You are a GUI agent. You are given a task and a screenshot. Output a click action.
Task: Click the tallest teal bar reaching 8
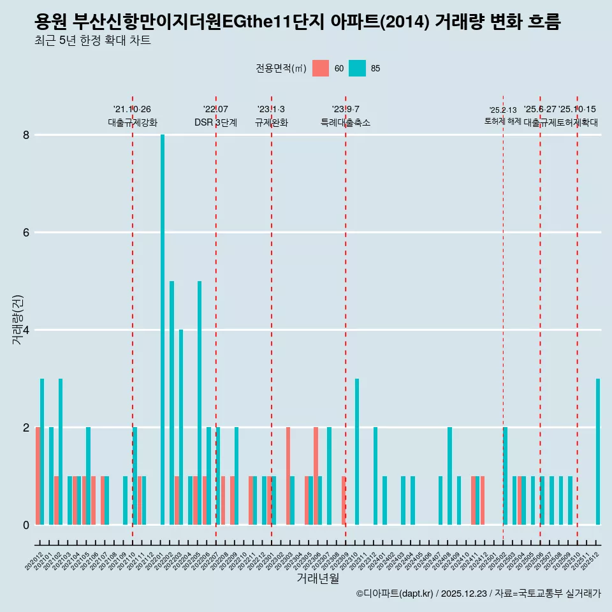pyautogui.click(x=163, y=330)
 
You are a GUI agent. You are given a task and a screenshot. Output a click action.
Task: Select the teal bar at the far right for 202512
pyautogui.click(x=598, y=451)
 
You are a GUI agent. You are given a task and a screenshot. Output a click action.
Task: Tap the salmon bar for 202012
pyautogui.click(x=38, y=476)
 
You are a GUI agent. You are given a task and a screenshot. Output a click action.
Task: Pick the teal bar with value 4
pyautogui.click(x=181, y=427)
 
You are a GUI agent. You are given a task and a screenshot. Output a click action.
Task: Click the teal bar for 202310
pyautogui.click(x=357, y=451)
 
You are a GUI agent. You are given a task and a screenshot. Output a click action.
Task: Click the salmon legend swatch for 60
pyautogui.click(x=321, y=68)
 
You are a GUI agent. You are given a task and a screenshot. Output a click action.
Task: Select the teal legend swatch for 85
pyautogui.click(x=358, y=68)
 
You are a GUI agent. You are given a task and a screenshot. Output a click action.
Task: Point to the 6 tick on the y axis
pyautogui.click(x=26, y=233)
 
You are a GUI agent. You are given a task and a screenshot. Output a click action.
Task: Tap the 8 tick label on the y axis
pyautogui.click(x=26, y=135)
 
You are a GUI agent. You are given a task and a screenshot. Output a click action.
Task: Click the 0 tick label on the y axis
pyautogui.click(x=26, y=525)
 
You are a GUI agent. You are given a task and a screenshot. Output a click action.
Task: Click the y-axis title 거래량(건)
pyautogui.click(x=18, y=319)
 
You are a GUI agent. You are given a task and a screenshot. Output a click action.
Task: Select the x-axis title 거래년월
pyautogui.click(x=317, y=578)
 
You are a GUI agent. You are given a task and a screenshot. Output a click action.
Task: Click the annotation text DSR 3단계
pyautogui.click(x=215, y=122)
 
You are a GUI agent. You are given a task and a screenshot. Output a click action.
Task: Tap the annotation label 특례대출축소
pyautogui.click(x=345, y=122)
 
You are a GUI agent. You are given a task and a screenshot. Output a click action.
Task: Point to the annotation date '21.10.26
pyautogui.click(x=132, y=109)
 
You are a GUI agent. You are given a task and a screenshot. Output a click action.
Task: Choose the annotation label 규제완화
pyautogui.click(x=271, y=122)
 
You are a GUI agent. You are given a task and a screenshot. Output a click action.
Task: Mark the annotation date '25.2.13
pyautogui.click(x=502, y=110)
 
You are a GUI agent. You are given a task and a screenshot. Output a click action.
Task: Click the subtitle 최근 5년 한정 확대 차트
pyautogui.click(x=93, y=41)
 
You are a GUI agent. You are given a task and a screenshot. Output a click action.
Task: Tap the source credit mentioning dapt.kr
pyautogui.click(x=478, y=594)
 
